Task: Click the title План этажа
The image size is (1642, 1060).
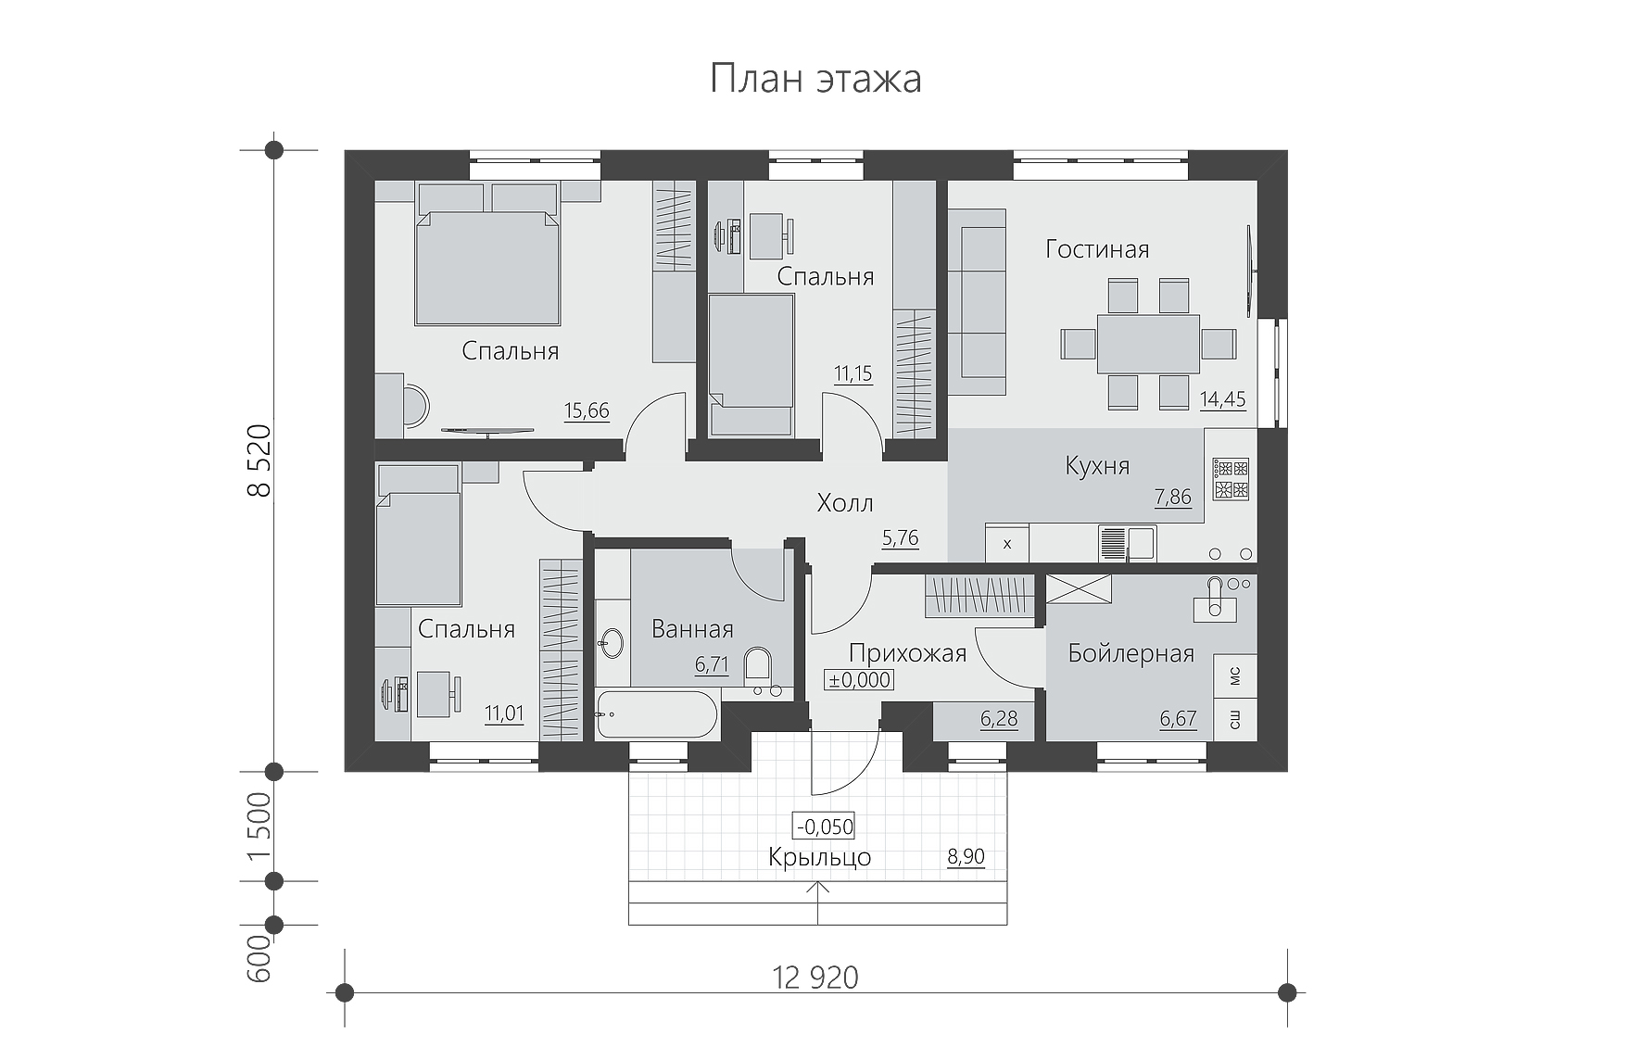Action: pyautogui.click(x=815, y=79)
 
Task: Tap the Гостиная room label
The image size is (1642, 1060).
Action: pyautogui.click(x=1097, y=249)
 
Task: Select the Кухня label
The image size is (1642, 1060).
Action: pyautogui.click(x=1097, y=465)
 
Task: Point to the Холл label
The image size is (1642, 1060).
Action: pyautogui.click(x=845, y=503)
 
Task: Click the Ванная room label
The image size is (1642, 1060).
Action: pyautogui.click(x=692, y=629)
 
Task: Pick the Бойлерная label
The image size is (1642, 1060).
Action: pyautogui.click(x=1130, y=653)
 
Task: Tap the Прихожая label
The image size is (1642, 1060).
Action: pyautogui.click(x=907, y=654)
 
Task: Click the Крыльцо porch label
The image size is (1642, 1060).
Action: pyautogui.click(x=820, y=858)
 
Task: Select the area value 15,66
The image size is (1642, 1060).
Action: pyautogui.click(x=587, y=411)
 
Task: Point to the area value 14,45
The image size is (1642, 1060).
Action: pyautogui.click(x=1223, y=400)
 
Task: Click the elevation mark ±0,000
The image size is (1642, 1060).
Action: pyautogui.click(x=859, y=680)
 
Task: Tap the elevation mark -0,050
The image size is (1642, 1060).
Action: pyautogui.click(x=824, y=827)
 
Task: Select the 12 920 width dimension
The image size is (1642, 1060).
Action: pyautogui.click(x=815, y=978)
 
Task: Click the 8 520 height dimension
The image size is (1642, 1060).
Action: pyautogui.click(x=260, y=461)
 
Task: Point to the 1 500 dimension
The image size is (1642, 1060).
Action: pyautogui.click(x=260, y=827)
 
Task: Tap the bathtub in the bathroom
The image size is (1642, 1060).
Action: pyautogui.click(x=656, y=715)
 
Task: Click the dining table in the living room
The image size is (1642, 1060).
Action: pyautogui.click(x=1149, y=344)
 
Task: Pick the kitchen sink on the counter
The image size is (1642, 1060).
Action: pyautogui.click(x=1127, y=543)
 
